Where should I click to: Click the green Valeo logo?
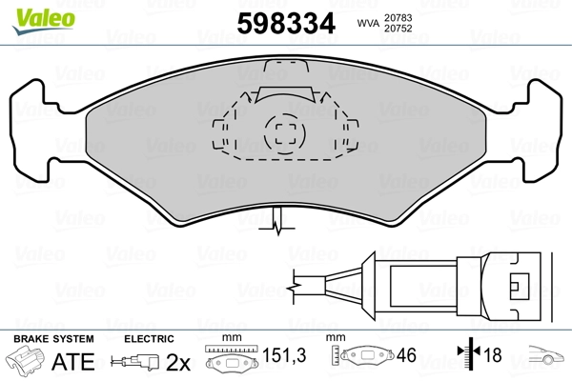[44, 21]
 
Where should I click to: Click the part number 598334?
[286, 23]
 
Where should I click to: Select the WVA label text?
[368, 23]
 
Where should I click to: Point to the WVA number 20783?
[398, 17]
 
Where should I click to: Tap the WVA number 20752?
[398, 29]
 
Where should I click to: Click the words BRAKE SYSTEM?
[53, 339]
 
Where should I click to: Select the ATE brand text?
[73, 362]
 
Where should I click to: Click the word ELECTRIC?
[149, 339]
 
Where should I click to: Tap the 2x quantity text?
[178, 362]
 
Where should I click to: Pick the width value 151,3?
[284, 354]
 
